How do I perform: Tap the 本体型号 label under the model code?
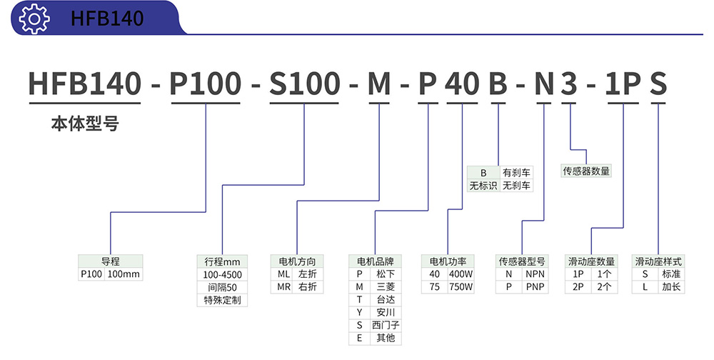click(84, 124)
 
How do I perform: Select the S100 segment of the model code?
click(304, 84)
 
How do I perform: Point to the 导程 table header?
click(111, 261)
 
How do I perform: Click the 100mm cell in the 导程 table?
click(124, 274)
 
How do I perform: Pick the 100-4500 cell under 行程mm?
click(222, 274)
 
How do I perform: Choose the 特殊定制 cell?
click(222, 300)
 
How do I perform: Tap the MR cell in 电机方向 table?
click(283, 287)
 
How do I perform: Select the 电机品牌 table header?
click(376, 261)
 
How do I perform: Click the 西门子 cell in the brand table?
click(386, 325)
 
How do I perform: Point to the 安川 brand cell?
click(386, 312)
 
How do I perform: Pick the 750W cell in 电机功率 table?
click(461, 287)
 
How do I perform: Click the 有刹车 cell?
click(516, 172)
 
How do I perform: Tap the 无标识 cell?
click(483, 186)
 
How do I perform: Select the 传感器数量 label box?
click(587, 171)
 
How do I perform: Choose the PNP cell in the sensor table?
click(535, 287)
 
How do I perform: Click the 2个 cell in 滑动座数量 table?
click(603, 287)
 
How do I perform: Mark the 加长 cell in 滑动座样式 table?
click(670, 287)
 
